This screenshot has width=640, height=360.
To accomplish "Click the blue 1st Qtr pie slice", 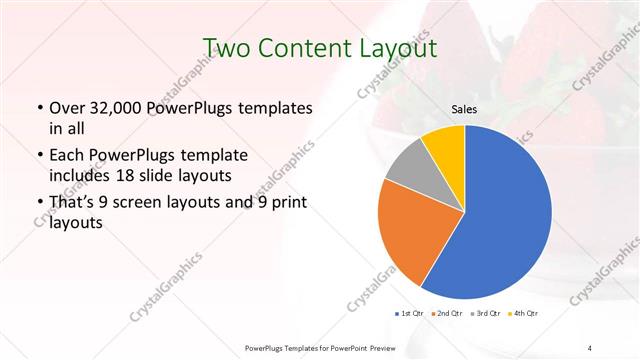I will point(500,220).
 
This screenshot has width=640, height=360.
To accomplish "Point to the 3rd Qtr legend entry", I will point(486,315).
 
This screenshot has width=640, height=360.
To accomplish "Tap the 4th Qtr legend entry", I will point(523,315).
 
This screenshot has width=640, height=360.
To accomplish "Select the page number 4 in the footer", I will point(590,347).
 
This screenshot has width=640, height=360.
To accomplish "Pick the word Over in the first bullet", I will point(66,108).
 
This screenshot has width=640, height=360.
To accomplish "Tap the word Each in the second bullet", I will point(66,156).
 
